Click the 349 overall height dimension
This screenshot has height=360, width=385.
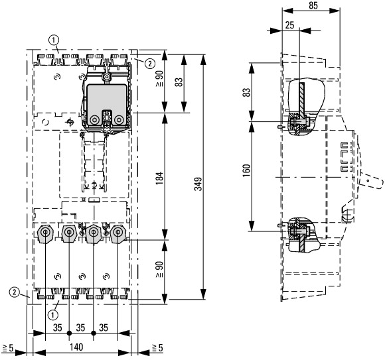point(198,184)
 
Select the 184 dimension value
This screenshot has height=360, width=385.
point(159,178)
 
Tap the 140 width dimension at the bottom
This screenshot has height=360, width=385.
point(76,347)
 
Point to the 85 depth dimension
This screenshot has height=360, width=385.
point(313,6)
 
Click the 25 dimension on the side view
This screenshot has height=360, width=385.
point(289,25)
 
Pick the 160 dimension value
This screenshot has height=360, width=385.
point(246,170)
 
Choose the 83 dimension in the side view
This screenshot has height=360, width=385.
point(247,92)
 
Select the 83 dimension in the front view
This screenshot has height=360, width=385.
point(179,82)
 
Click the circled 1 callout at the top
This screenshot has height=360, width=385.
point(54,40)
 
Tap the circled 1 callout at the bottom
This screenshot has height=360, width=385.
point(53,315)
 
